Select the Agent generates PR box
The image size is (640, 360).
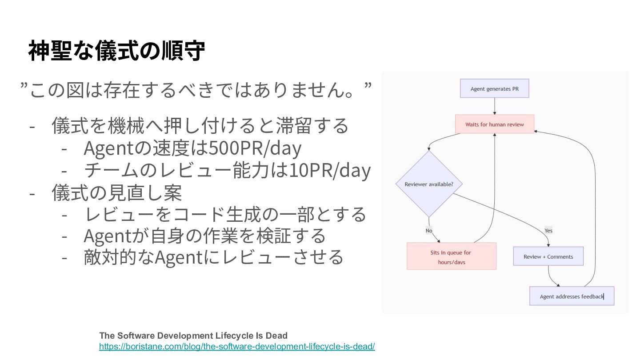coord(494,88)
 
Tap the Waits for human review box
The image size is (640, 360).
coord(494,124)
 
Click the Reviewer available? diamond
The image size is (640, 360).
coord(429,184)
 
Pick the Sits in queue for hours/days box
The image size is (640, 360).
coord(451,257)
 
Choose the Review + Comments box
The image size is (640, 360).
coord(548,256)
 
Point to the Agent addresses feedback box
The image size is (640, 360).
coord(572,296)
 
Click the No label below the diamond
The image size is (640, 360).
coord(429,231)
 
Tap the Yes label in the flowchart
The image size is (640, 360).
coord(548,231)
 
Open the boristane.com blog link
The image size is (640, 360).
coord(237,346)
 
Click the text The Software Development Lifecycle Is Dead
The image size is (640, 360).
coord(193,336)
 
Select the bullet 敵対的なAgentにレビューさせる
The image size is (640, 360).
coord(213,257)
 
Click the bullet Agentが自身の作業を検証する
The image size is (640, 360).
coord(204,236)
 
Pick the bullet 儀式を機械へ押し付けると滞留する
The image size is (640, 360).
coord(200,126)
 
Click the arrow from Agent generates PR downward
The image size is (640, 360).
coord(494,106)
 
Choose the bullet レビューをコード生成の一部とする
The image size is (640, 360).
coord(225,214)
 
